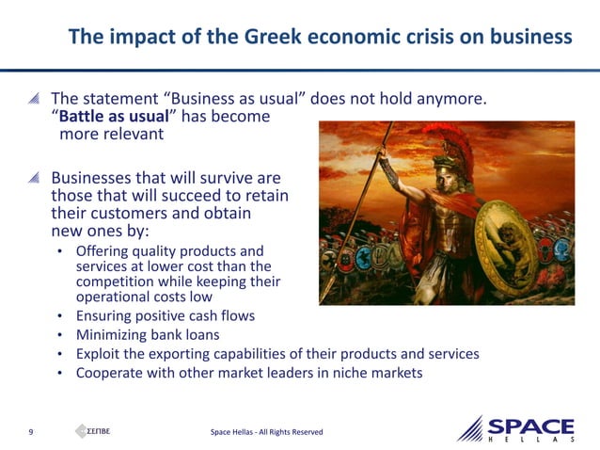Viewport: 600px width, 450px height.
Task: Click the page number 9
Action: coord(31,431)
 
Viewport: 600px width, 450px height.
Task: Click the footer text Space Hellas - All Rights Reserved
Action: coord(268,432)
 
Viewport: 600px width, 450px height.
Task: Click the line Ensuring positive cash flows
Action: coord(166,316)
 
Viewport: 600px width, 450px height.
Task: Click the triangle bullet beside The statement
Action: coord(34,98)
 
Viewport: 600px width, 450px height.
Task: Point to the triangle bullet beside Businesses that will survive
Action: coord(34,178)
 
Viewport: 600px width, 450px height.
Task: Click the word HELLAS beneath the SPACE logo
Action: coord(530,441)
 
